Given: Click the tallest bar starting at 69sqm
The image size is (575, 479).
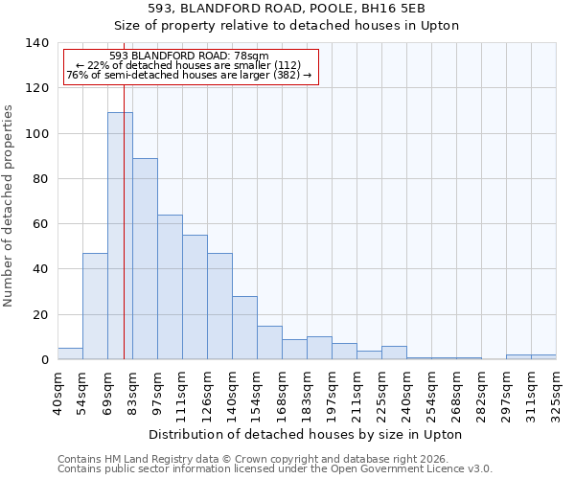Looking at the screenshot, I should [x=120, y=236].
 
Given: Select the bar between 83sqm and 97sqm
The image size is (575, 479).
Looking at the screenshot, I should [x=145, y=259].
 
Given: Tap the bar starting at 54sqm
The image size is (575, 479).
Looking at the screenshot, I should [x=95, y=307].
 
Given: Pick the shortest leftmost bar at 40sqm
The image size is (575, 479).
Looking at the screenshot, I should [x=70, y=354].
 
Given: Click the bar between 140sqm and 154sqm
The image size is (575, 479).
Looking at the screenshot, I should [x=244, y=328].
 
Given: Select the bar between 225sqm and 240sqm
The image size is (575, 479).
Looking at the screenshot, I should [x=394, y=353].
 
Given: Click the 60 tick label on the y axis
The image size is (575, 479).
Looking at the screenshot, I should [x=40, y=224].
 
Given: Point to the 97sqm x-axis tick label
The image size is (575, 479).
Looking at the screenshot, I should [x=158, y=391].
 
